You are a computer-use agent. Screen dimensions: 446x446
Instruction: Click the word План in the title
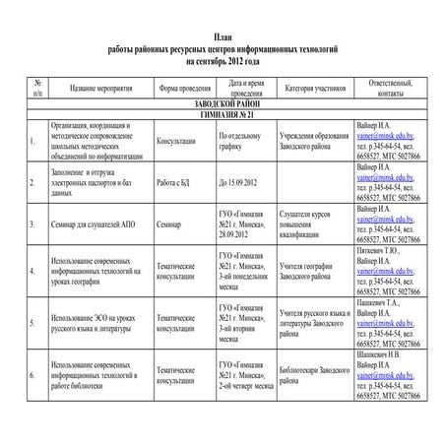(x=223, y=37)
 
